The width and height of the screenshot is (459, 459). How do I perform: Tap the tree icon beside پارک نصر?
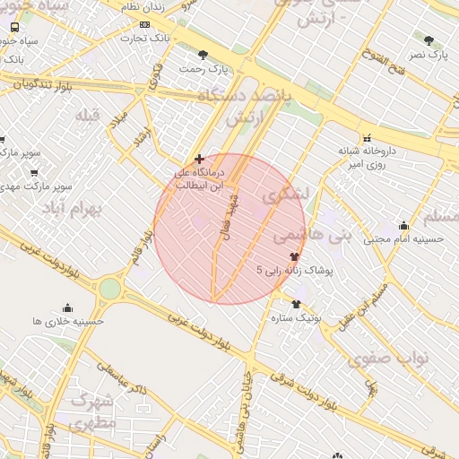pyautogui.click(x=429, y=40)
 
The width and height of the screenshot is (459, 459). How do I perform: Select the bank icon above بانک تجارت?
pyautogui.click(x=144, y=24)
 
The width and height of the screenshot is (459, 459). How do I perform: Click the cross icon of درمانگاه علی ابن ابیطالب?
pyautogui.click(x=199, y=158)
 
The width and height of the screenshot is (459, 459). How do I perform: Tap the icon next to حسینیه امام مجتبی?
pyautogui.click(x=403, y=226)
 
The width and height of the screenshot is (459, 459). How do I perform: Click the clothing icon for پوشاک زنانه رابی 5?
pyautogui.click(x=294, y=255)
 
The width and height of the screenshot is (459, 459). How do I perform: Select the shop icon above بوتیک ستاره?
pyautogui.click(x=296, y=304)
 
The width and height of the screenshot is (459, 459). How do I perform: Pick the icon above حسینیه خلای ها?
pyautogui.click(x=67, y=307)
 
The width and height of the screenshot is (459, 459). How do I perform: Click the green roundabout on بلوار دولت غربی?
pyautogui.click(x=109, y=288)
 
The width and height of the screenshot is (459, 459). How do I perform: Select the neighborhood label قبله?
pyautogui.click(x=87, y=116)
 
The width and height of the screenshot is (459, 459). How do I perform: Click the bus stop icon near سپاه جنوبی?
pyautogui.click(x=15, y=27)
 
